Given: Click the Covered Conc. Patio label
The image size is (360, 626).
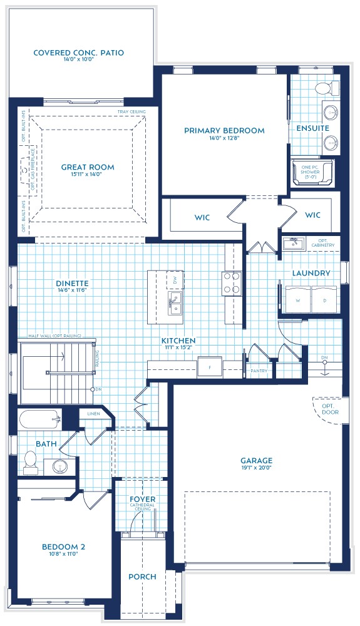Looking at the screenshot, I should (x=79, y=53).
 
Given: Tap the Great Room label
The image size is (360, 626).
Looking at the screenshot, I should (x=88, y=167).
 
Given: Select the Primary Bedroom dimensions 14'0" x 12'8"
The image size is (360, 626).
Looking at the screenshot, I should (x=224, y=138).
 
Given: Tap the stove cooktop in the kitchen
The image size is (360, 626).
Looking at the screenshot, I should (x=232, y=283).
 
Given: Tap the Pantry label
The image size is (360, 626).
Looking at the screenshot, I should (x=259, y=371).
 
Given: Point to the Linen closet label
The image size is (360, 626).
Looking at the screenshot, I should (x=93, y=414).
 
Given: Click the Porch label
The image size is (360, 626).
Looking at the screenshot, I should (x=142, y=577).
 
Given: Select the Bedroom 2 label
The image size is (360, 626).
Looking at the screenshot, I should (x=64, y=546).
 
